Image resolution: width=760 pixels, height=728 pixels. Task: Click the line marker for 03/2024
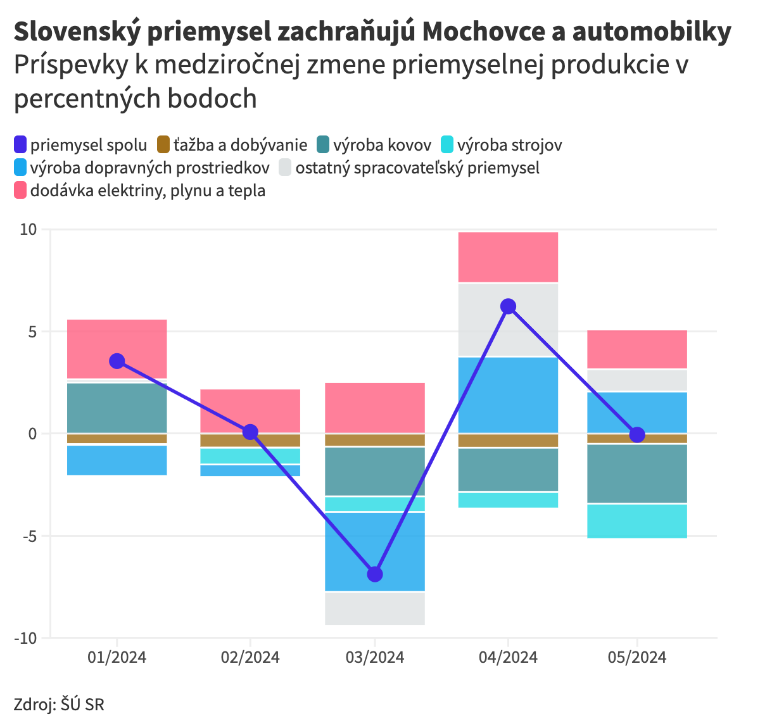375,574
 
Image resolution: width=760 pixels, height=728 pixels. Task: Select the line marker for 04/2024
508,306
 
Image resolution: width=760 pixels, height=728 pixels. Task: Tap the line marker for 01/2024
117,361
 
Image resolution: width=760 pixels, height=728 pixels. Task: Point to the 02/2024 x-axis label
250,657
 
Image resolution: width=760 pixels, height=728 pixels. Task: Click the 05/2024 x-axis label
637,657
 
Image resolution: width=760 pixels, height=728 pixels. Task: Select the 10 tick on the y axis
28,229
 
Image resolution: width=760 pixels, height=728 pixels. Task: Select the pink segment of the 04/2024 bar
508,257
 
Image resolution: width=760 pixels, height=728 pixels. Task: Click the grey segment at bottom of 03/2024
375,609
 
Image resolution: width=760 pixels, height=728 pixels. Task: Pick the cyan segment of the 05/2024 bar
637,521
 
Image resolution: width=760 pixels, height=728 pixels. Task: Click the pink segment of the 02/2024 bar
250,411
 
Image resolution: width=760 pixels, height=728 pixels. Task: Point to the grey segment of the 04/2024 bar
508,320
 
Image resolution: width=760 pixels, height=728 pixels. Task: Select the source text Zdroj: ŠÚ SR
59,704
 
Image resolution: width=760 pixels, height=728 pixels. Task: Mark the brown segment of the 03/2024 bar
375,440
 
